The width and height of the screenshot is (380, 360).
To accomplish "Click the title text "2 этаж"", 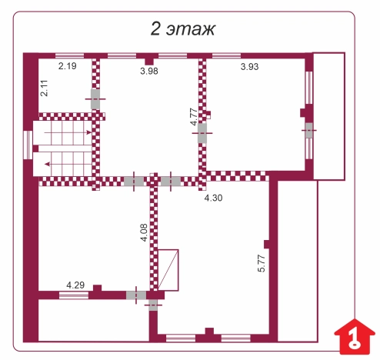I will pos(182,28).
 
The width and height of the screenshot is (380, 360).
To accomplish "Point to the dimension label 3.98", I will pos(150,72).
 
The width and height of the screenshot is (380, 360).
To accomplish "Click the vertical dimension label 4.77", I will pos(193,116).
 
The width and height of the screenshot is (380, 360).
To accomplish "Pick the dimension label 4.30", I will pos(213,198).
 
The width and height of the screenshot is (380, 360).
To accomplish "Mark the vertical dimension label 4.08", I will pos(143,233).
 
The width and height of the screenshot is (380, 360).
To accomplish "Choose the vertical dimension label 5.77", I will pos(261,262).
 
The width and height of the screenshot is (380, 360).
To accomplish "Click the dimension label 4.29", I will pos(75,285).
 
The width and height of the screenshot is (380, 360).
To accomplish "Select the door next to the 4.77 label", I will pos(202,133).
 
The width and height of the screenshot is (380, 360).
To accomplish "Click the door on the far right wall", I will pos(309,132).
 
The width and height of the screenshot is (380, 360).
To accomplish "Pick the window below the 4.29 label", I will pos(75,295).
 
